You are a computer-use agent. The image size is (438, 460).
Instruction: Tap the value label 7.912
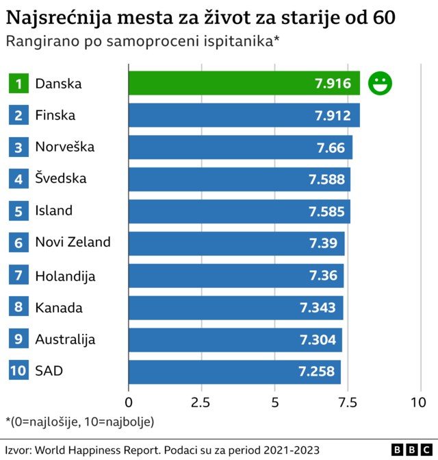click(x=333, y=115)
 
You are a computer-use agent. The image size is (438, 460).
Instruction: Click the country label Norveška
click(x=65, y=147)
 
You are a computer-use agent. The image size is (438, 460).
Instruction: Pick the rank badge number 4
click(x=18, y=179)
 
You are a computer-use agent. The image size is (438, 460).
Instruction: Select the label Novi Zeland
click(x=73, y=243)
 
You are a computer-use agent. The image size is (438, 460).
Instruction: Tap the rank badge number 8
click(x=18, y=307)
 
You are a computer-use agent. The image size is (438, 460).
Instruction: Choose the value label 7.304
click(x=317, y=339)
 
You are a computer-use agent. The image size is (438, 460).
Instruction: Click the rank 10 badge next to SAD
click(x=18, y=371)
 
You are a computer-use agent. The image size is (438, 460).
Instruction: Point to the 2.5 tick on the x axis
click(x=201, y=402)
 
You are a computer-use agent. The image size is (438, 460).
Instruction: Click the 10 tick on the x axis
click(x=417, y=402)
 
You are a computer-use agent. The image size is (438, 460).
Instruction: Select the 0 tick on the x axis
click(x=129, y=402)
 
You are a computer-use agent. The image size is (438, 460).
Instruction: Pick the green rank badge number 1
click(x=18, y=84)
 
